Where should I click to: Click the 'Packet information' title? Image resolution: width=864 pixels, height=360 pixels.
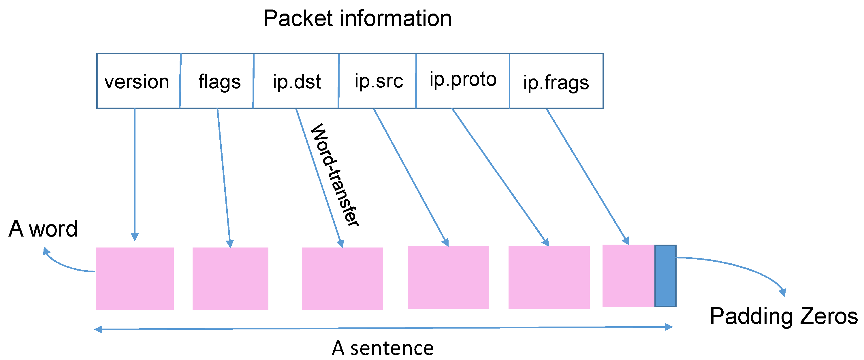coord(357,18)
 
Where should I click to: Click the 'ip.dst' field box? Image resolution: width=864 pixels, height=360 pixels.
coord(296,81)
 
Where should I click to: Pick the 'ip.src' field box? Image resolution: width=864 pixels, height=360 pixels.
coord(378,81)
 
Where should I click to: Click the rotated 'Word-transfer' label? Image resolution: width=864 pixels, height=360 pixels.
coord(334,175)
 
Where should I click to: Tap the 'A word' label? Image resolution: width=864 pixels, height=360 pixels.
coord(43,229)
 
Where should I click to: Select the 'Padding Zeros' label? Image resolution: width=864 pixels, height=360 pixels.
coord(784,316)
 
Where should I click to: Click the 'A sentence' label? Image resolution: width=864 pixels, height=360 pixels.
coord(382,348)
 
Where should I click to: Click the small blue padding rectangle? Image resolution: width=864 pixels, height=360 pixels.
coord(665,276)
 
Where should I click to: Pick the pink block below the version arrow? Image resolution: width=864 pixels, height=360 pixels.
coord(135,278)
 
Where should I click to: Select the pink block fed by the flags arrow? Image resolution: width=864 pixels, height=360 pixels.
coord(230,278)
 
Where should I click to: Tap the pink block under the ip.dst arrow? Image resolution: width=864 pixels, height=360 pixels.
coord(342,278)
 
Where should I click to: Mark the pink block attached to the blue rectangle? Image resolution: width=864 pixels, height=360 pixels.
coord(628,276)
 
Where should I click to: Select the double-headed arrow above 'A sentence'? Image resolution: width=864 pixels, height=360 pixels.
coord(382,328)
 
